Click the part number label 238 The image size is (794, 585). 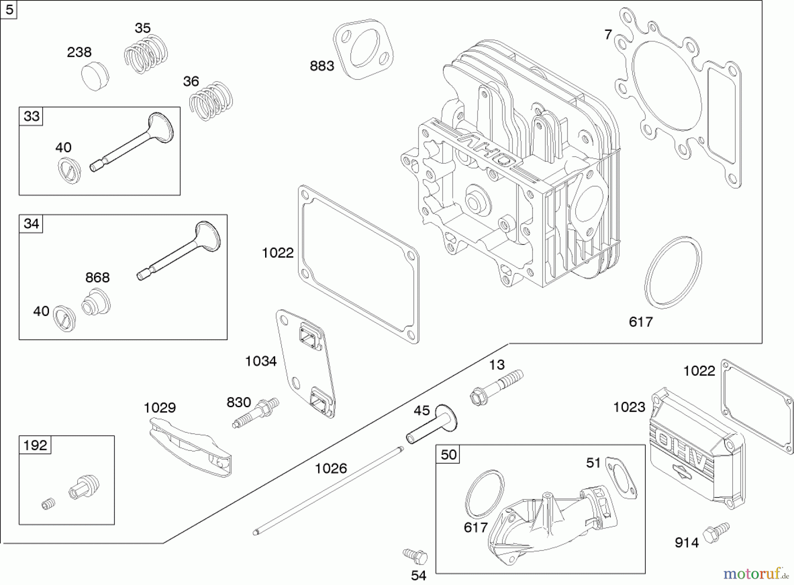(79, 52)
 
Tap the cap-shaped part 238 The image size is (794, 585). (95, 76)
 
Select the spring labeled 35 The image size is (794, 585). (146, 54)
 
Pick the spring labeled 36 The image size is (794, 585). (211, 101)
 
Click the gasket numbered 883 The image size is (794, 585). (363, 49)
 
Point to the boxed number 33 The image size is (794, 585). (31, 116)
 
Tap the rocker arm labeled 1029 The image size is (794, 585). (190, 447)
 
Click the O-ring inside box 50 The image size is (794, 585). (484, 494)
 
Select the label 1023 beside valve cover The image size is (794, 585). (629, 407)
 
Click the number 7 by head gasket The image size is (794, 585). (608, 34)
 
